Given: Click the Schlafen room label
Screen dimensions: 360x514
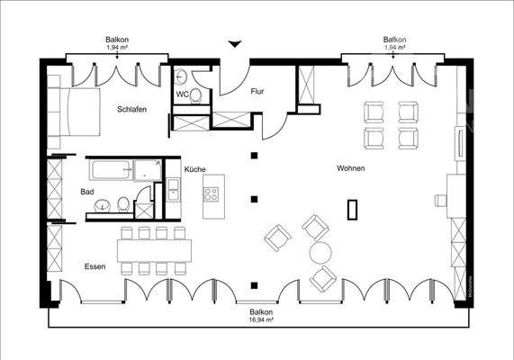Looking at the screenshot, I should pos(131,110).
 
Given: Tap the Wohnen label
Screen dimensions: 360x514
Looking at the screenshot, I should pos(351,168).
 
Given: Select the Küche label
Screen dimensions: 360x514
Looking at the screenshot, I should pos(195,169).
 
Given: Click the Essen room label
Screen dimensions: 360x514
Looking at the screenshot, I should pos(95,266).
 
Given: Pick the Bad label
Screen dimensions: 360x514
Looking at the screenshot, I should pos(87,192).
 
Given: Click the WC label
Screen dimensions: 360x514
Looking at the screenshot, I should pos(182,94).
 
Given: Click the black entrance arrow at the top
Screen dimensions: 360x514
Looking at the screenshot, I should pos(236,43).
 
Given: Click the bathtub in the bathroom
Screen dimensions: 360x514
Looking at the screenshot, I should pos(110,169).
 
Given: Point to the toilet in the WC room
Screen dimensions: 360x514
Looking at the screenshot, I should pos(181,76).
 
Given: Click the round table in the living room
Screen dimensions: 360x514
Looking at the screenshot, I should pos(321,252).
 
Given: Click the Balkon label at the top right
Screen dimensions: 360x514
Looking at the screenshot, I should pos(395,40).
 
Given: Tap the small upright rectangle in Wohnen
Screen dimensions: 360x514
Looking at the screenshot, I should pos(352,209).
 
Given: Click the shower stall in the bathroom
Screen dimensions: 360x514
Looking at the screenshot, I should pos(144,204).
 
